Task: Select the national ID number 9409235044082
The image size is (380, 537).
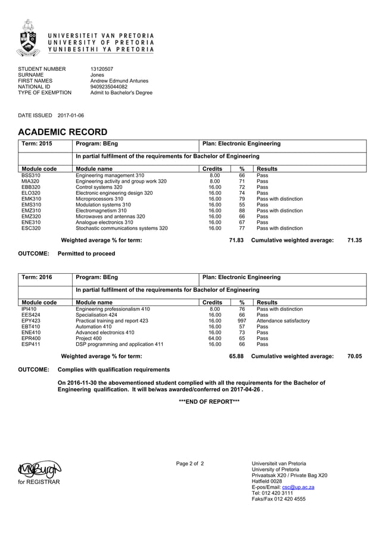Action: click(x=108, y=87)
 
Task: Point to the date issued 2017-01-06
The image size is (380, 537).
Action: click(x=71, y=115)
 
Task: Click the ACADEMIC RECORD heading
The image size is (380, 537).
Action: click(x=63, y=132)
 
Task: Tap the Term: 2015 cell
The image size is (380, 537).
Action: click(x=37, y=144)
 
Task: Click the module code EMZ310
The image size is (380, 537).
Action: click(x=31, y=210)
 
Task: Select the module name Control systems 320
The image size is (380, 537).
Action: click(x=99, y=187)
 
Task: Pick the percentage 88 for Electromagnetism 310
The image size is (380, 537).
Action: click(x=242, y=210)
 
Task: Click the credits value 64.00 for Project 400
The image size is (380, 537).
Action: click(x=214, y=338)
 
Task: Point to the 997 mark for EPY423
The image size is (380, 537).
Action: click(x=242, y=321)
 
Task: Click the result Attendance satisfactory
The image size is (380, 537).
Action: click(x=283, y=321)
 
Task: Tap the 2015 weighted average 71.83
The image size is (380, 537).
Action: click(x=236, y=240)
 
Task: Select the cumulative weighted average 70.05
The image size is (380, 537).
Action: click(x=354, y=356)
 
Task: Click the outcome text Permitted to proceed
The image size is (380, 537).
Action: click(x=86, y=254)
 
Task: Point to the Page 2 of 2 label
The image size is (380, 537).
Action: click(x=190, y=463)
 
